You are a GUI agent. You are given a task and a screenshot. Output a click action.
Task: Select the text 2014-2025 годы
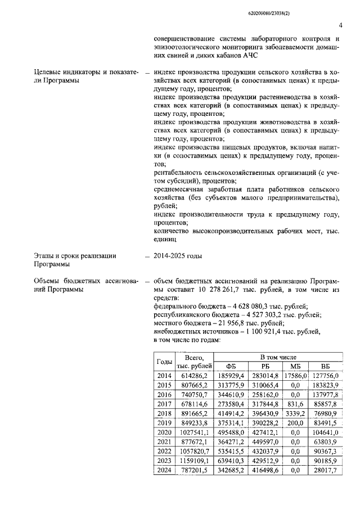pyautogui.click(x=177, y=256)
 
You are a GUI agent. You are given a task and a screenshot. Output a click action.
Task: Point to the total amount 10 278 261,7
pyautogui.click(x=222, y=289)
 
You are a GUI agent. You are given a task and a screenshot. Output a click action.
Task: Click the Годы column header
pyautogui.click(x=164, y=362)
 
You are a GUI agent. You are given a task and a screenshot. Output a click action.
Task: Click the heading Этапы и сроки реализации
pyautogui.click(x=75, y=256)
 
